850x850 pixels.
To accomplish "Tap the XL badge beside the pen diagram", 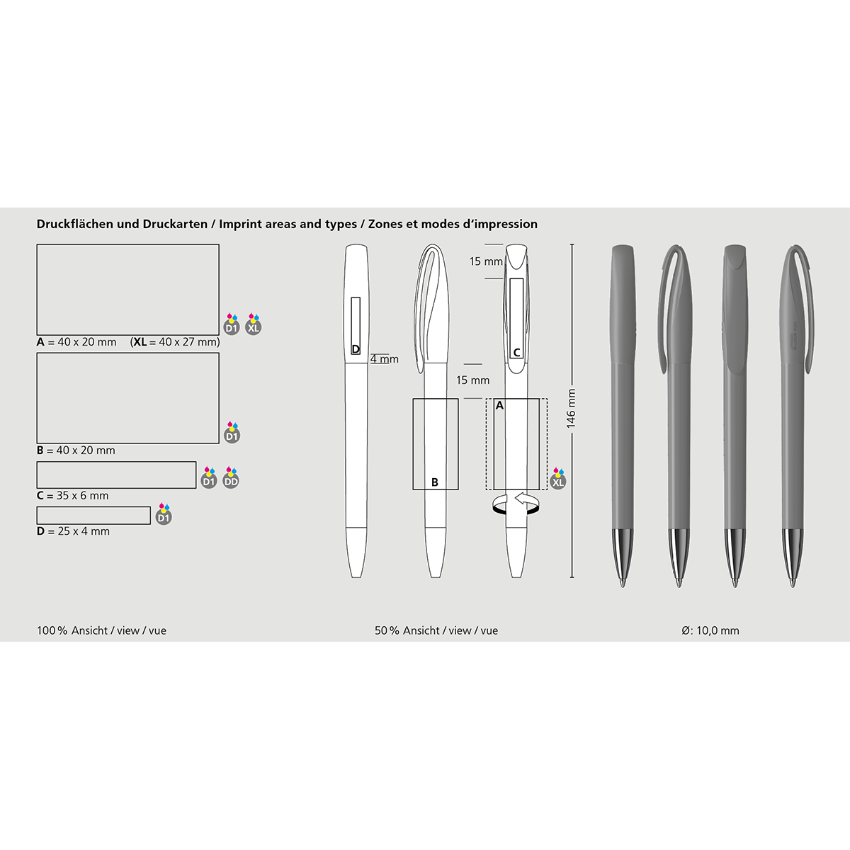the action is (558, 480).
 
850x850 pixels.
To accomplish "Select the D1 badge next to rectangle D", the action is (164, 514).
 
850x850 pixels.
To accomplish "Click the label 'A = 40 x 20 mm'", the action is (76, 342).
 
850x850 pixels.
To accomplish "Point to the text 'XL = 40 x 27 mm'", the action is (176, 342).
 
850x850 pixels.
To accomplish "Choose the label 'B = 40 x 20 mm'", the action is (76, 450).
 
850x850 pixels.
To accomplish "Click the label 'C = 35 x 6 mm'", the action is (73, 495).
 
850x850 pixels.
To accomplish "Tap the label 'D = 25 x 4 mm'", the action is (73, 531).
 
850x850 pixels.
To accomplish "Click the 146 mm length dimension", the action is (571, 409).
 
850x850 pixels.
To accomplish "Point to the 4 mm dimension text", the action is (384, 359).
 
